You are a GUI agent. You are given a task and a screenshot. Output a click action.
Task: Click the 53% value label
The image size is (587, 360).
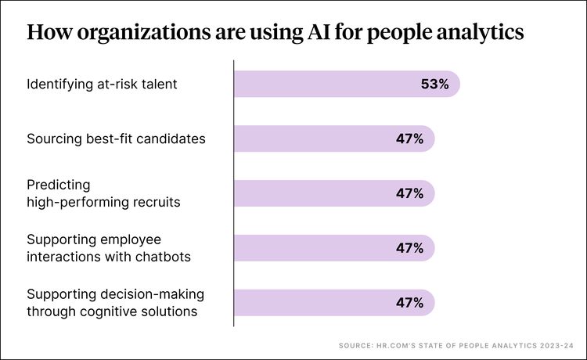tap(434, 84)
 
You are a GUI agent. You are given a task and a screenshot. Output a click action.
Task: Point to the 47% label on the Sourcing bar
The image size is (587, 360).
tap(409, 139)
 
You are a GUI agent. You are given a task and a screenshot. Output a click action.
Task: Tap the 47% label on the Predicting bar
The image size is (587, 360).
tap(409, 193)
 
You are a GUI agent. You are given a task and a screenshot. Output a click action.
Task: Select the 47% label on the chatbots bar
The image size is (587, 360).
tap(409, 248)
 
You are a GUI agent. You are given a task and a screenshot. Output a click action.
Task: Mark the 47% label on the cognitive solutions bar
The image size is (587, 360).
tap(409, 302)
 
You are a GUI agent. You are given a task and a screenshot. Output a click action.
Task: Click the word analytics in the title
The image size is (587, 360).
tap(481, 33)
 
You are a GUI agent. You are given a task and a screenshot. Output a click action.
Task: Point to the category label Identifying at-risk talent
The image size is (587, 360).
tap(103, 84)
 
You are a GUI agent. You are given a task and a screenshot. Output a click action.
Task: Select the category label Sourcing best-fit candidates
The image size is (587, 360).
tap(116, 139)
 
